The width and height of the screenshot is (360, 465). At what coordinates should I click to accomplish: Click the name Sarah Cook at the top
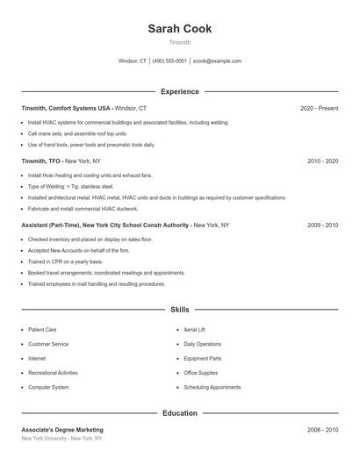[x=179, y=29]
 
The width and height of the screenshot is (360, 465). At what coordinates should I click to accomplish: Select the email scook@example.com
[x=217, y=61]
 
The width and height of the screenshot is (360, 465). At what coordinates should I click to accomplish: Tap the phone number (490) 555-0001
[x=169, y=61]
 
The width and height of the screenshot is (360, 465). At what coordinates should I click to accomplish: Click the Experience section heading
[x=179, y=91]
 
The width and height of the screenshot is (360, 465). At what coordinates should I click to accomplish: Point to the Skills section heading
[x=179, y=310]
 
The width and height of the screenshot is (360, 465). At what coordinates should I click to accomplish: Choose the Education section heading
[x=179, y=412]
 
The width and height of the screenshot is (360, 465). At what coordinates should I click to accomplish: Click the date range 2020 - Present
[x=319, y=108]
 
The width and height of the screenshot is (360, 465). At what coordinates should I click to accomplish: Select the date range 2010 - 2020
[x=322, y=161]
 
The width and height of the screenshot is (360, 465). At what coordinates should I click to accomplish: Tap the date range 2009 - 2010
[x=322, y=225]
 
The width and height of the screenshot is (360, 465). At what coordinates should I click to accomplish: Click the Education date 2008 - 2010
[x=322, y=430]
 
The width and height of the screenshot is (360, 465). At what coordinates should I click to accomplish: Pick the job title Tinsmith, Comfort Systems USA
[x=67, y=108]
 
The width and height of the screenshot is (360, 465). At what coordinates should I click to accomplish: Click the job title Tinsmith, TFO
[x=40, y=161]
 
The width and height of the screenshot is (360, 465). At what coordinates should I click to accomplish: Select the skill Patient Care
[x=42, y=330]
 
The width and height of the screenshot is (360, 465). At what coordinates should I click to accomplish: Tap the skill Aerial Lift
[x=194, y=330]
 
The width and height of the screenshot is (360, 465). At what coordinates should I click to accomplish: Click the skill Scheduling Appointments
[x=212, y=387]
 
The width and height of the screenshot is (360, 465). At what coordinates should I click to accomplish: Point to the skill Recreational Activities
[x=53, y=373]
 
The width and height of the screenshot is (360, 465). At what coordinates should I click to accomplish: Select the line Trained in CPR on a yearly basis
[x=65, y=261]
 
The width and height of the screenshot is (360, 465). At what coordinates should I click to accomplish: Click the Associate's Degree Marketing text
[x=62, y=430]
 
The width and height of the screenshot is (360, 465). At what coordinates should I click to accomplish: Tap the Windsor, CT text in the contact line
[x=133, y=61]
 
